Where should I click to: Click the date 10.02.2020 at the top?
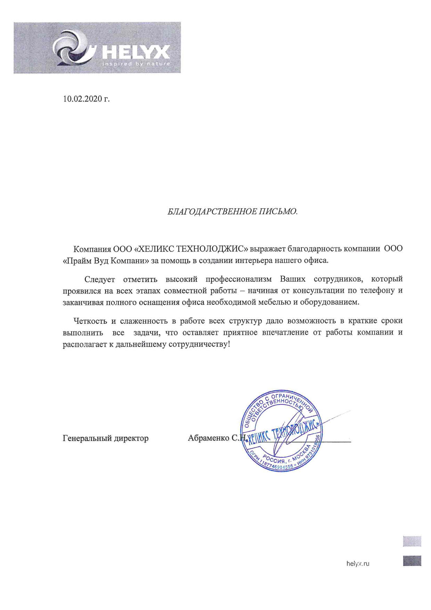(86, 99)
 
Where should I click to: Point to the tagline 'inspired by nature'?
(136, 64)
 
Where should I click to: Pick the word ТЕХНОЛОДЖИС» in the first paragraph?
(213, 249)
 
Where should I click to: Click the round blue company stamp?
(281, 431)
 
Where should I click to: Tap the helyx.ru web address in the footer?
(358, 564)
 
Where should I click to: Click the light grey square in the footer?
(412, 541)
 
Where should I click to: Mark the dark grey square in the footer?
(412, 561)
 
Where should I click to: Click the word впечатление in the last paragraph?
(285, 332)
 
